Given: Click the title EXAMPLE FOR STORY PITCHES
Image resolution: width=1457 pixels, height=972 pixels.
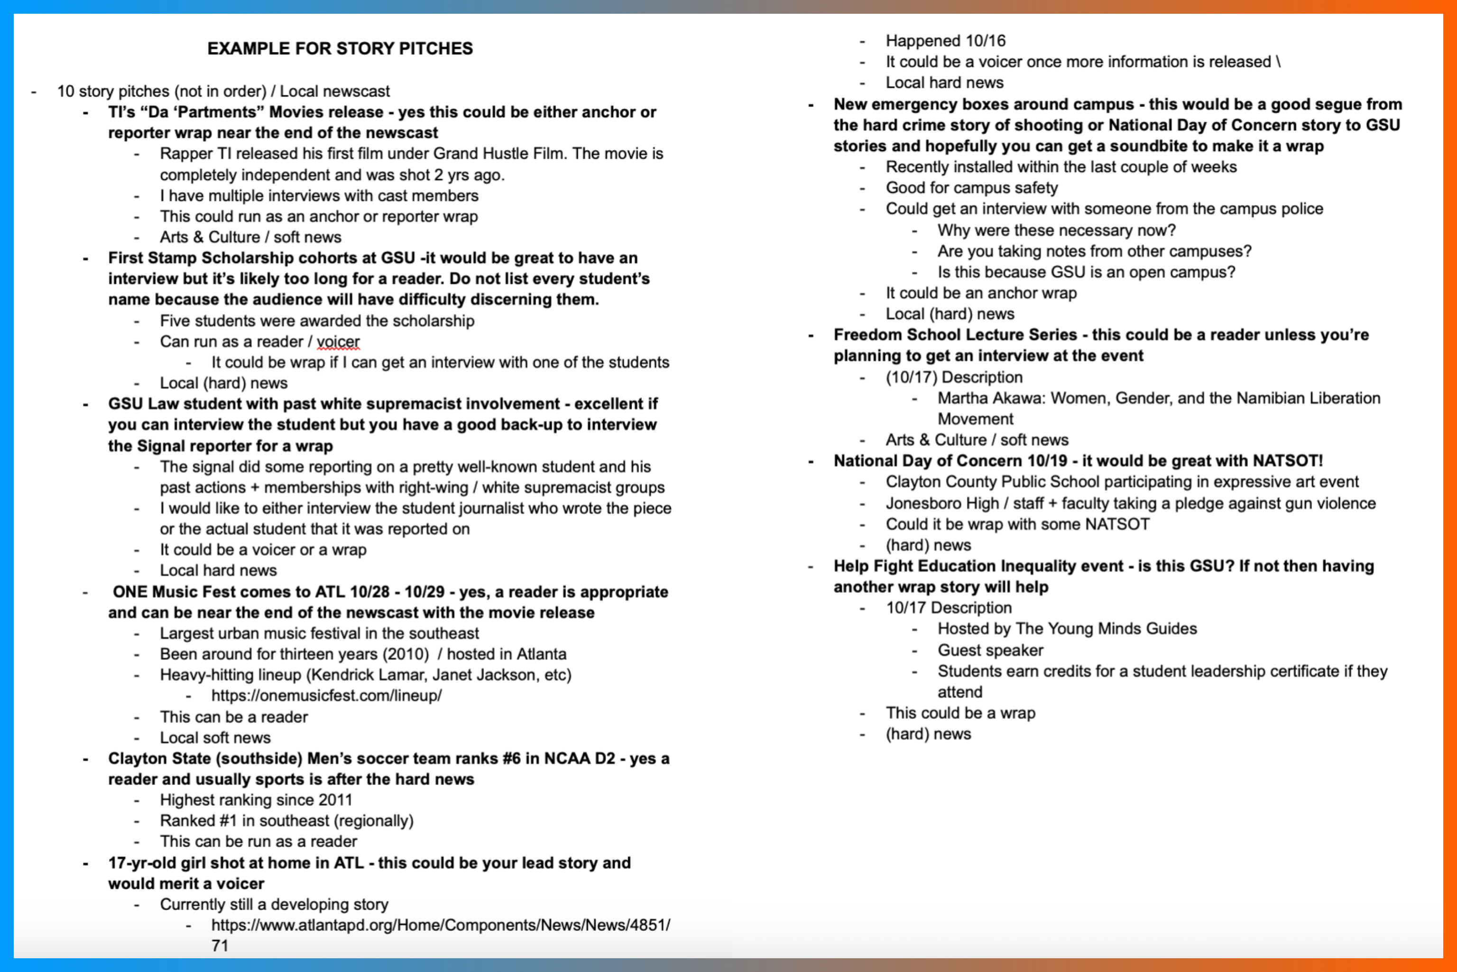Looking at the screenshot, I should [x=340, y=48].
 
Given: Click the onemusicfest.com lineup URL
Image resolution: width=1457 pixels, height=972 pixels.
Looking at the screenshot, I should [x=326, y=696].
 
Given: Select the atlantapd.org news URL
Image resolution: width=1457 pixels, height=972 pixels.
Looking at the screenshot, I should [x=440, y=925].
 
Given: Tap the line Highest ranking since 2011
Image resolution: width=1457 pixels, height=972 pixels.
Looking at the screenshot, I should [x=256, y=800].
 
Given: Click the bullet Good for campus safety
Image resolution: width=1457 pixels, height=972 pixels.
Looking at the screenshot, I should [x=971, y=188].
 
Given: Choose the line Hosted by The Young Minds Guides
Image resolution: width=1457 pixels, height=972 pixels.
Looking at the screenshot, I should [x=1066, y=629].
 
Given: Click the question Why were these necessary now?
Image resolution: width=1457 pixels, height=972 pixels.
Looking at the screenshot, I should [x=1056, y=230].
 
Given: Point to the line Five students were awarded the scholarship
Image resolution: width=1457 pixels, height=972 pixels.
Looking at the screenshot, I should [x=316, y=321].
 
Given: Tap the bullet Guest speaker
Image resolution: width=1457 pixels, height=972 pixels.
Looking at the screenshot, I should [x=990, y=650].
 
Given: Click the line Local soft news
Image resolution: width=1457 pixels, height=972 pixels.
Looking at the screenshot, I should [x=215, y=738].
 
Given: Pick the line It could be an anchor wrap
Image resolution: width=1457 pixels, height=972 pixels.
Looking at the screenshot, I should [x=981, y=293].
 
